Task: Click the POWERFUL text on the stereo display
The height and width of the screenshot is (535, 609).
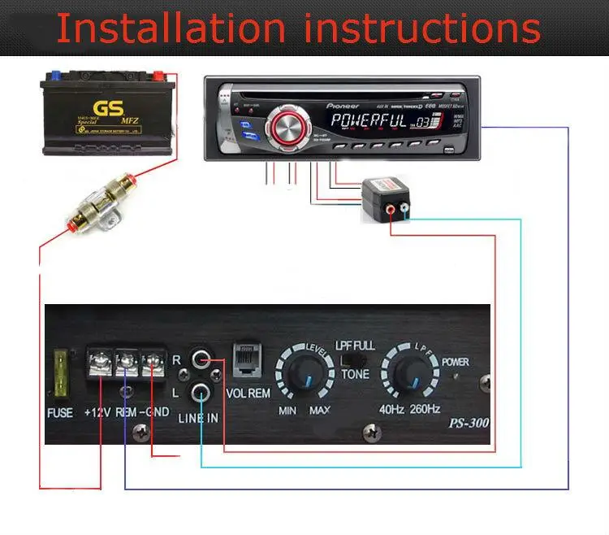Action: [369, 123]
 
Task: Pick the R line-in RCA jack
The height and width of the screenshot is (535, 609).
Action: [201, 358]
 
